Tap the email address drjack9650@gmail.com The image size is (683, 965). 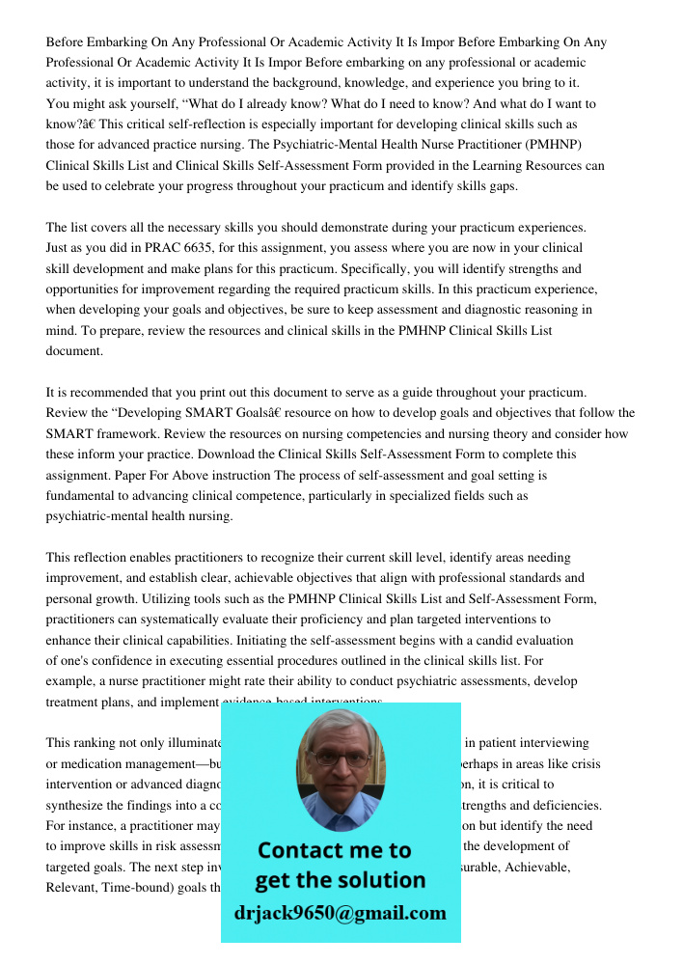pos(340,913)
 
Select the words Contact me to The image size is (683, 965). pos(334,850)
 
